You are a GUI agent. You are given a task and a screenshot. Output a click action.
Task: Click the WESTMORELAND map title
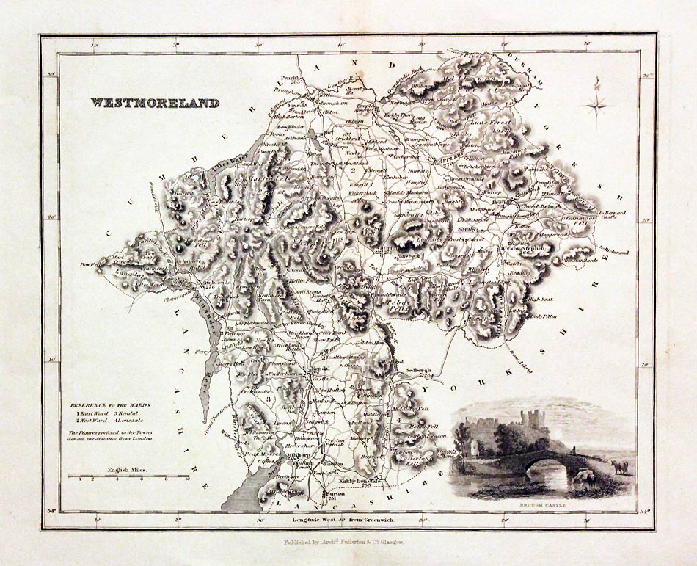tap(155, 104)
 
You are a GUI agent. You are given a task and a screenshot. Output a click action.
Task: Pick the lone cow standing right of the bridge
tap(621, 466)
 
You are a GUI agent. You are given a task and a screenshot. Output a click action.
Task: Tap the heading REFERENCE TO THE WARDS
tap(111, 405)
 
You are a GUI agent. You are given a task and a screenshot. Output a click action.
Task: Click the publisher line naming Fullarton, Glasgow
tap(348, 545)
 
